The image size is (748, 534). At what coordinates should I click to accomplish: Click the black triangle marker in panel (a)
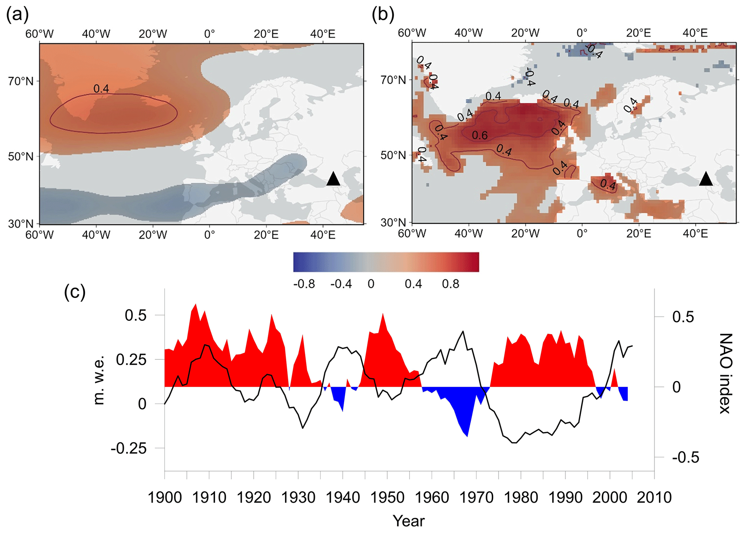333,179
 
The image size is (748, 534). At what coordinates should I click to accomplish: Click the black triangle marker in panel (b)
706,179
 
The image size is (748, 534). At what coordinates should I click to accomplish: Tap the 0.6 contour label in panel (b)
480,135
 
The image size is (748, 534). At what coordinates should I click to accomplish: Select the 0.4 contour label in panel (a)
101,89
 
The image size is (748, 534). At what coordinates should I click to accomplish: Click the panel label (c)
75,291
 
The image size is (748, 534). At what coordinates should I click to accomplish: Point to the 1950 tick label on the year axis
387,497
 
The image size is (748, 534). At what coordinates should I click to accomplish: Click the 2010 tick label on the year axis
654,497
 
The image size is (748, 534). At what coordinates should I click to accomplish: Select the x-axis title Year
409,521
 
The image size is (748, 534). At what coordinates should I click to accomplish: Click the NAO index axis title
725,373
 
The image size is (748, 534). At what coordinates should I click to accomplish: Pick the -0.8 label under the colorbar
304,284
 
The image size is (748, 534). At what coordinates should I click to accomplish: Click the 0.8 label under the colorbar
451,284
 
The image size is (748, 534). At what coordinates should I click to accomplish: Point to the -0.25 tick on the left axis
129,449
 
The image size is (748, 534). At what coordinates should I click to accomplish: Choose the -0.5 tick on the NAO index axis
683,458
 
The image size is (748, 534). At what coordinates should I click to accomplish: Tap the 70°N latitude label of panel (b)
393,80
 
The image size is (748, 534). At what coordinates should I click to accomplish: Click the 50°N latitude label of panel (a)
21,157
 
